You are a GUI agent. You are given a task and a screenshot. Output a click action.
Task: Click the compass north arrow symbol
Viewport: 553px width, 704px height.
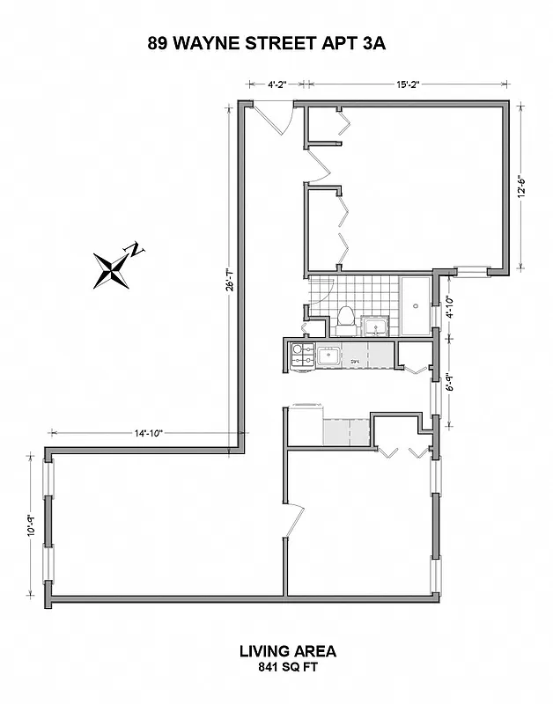pyautogui.click(x=115, y=267)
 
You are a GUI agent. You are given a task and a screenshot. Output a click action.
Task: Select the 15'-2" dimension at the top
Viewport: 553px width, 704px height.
pyautogui.click(x=406, y=84)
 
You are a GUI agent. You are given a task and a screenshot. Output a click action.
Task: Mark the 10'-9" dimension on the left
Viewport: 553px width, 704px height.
pyautogui.click(x=31, y=524)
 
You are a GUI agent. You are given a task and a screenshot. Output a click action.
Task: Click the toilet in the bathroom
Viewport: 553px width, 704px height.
pyautogui.click(x=347, y=319)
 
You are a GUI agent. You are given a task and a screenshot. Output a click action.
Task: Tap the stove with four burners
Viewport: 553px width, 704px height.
pyautogui.click(x=302, y=355)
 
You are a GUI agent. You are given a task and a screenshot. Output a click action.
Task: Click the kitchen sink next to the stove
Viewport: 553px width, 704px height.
pyautogui.click(x=330, y=356)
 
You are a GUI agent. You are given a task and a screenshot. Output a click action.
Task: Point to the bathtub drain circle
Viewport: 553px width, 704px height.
pyautogui.click(x=417, y=307)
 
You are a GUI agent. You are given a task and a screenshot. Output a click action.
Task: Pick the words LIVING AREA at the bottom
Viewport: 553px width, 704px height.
pyautogui.click(x=288, y=651)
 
